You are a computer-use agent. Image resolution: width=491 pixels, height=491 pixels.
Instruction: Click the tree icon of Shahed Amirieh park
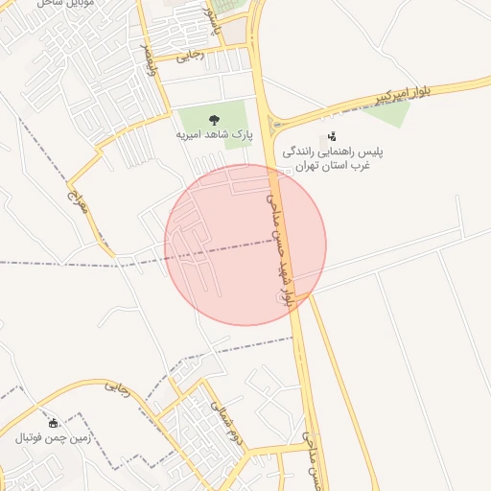point(213,120)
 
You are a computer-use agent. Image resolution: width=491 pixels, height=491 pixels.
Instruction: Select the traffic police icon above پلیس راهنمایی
point(332,137)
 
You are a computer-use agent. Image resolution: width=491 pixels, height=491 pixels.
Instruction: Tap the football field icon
point(54,423)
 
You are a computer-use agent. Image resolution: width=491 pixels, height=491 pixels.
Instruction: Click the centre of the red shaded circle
point(245,245)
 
